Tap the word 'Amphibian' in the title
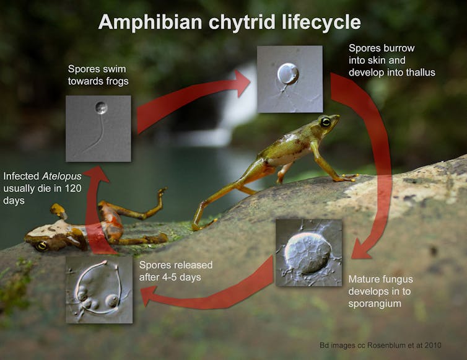pos(151,22)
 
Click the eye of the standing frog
pos(325,121)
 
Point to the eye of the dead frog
pos(41,245)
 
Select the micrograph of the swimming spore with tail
pos(98,128)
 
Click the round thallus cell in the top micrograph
pos(288,73)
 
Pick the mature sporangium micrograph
pos(308,253)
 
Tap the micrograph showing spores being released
pos(99,289)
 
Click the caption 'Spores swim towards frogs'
pos(98,75)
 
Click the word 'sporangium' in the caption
pos(375,304)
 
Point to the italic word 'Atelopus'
pos(62,176)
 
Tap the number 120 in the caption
pos(73,188)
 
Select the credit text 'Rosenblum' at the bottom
pos(390,345)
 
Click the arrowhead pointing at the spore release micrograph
pos(148,296)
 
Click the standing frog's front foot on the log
pos(346,178)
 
